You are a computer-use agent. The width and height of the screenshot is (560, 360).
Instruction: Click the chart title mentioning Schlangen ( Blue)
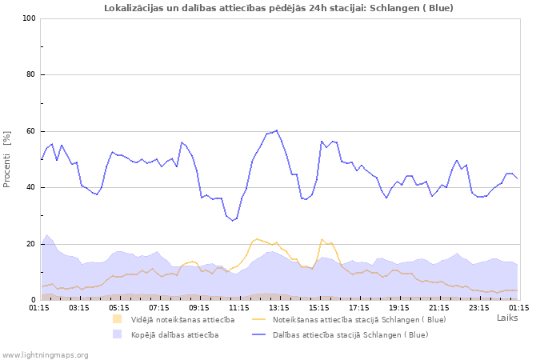click(278, 8)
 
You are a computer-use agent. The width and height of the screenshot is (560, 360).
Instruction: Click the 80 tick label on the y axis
click(31, 75)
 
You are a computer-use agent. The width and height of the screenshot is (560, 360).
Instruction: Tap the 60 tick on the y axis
click(31, 131)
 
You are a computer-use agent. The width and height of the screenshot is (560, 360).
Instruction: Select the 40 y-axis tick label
click(31, 188)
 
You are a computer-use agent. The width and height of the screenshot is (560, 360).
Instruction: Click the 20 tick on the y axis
click(31, 244)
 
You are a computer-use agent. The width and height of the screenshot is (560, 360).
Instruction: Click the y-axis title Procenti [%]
click(7, 159)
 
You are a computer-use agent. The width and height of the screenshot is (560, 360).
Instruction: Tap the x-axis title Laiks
click(507, 318)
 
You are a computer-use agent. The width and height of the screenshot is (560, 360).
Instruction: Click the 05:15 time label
click(119, 306)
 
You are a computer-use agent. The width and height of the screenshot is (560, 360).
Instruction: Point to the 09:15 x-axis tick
click(199, 306)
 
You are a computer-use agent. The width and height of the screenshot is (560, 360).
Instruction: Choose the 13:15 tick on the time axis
click(279, 306)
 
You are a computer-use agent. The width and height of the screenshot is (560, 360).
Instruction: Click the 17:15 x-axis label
click(359, 306)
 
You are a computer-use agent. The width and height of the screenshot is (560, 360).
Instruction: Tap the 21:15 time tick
click(439, 306)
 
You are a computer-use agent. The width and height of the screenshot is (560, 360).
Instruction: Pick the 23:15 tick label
click(479, 306)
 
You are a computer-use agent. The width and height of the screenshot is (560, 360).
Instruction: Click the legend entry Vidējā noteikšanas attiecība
click(182, 319)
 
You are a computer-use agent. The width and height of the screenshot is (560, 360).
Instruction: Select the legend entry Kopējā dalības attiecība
click(174, 334)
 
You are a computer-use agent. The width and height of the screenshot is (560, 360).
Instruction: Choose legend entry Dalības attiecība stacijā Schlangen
click(350, 334)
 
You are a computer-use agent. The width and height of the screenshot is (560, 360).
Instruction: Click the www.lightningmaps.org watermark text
click(46, 354)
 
